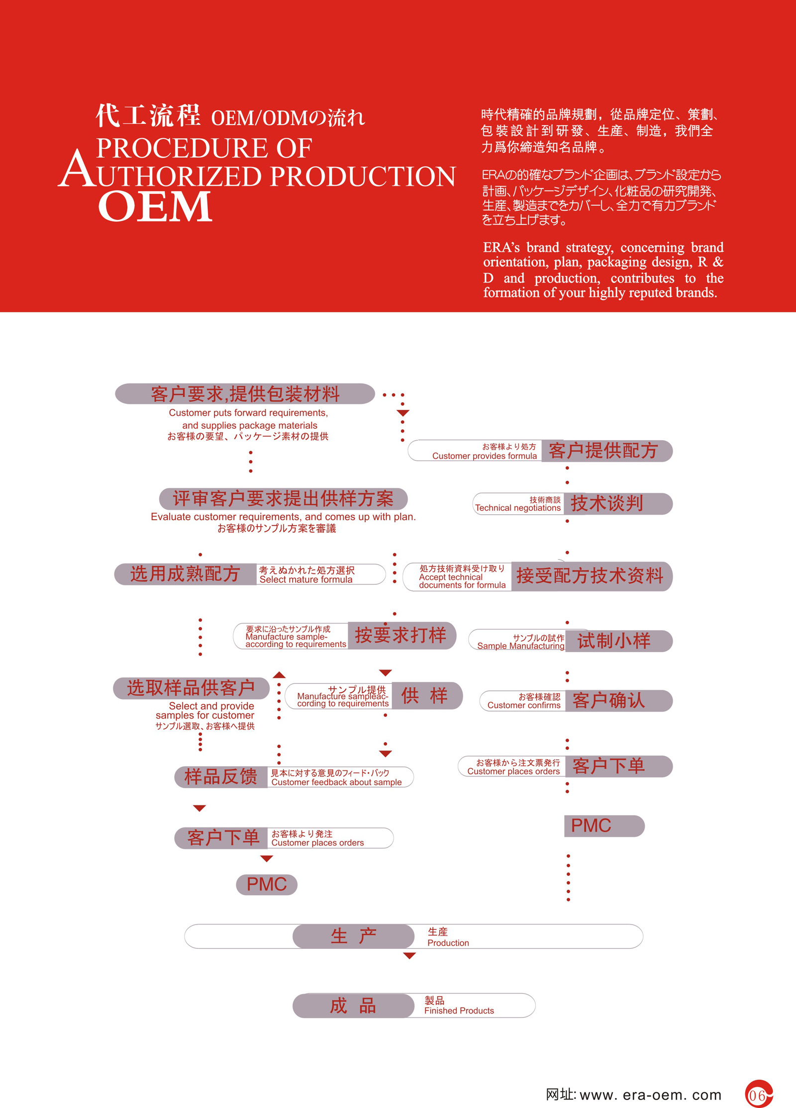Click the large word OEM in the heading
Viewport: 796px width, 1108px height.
[x=155, y=206]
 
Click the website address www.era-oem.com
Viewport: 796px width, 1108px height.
[x=650, y=1095]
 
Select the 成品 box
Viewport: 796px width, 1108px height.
[x=353, y=1005]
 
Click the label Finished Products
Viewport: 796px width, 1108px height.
[x=459, y=1010]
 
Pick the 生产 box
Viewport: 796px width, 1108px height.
[x=353, y=936]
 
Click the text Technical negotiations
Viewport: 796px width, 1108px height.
[x=517, y=508]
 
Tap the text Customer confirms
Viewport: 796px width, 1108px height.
[x=523, y=705]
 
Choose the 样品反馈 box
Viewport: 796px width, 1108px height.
[x=221, y=777]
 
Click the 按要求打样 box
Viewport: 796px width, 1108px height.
[x=401, y=635]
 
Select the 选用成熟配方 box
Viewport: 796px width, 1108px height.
[x=185, y=574]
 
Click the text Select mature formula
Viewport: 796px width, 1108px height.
[x=305, y=579]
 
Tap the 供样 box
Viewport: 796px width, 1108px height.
[x=426, y=695]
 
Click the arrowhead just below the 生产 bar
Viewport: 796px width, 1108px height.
[x=409, y=955]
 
